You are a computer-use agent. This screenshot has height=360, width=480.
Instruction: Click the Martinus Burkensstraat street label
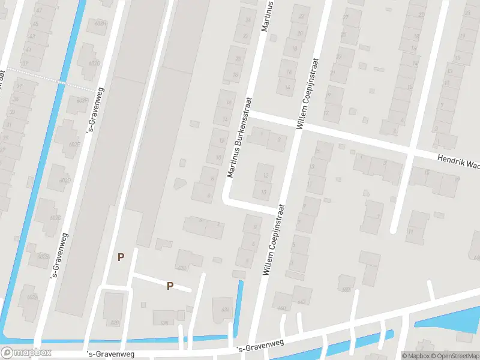(x=239, y=137)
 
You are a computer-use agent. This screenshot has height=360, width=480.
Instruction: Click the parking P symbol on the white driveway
(x=170, y=286)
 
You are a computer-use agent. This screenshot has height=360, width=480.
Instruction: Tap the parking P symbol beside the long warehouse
(x=121, y=257)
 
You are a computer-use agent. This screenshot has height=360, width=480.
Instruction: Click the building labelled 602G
(x=92, y=64)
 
